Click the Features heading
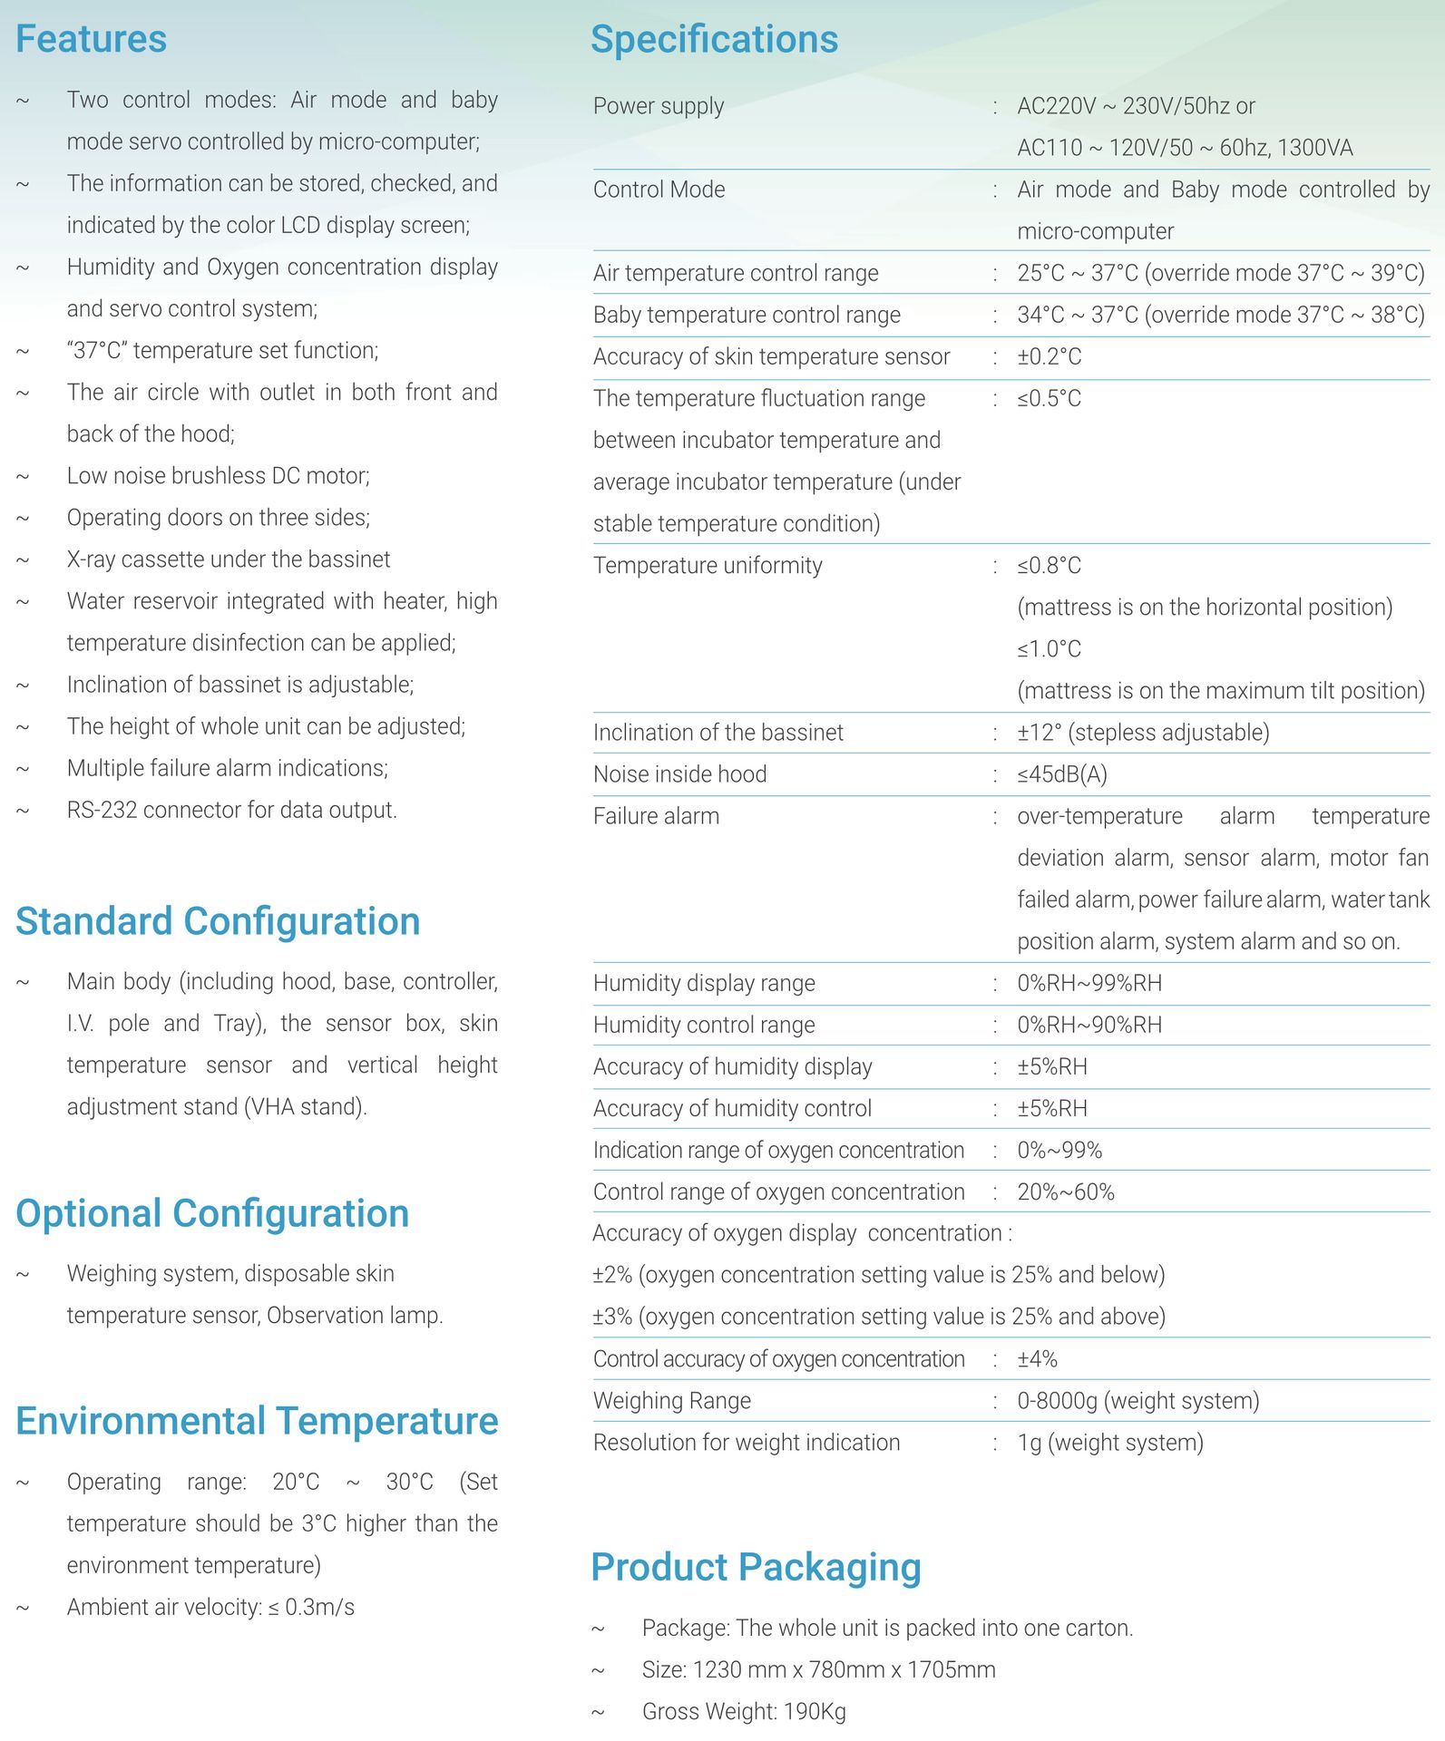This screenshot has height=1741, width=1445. pyautogui.click(x=91, y=39)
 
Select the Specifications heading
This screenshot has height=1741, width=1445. pyautogui.click(x=714, y=39)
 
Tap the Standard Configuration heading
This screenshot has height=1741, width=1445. pyautogui.click(x=218, y=921)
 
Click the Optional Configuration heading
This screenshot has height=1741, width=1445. pyautogui.click(x=212, y=1213)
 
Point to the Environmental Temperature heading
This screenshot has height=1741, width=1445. pyautogui.click(x=257, y=1421)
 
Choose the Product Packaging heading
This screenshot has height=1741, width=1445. pyautogui.click(x=756, y=1567)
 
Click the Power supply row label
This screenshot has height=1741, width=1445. pyautogui.click(x=659, y=106)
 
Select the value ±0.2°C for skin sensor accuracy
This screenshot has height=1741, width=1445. pyautogui.click(x=1049, y=356)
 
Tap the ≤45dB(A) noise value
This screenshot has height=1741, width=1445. pyautogui.click(x=1061, y=774)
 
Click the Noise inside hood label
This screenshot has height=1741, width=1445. pyautogui.click(x=679, y=774)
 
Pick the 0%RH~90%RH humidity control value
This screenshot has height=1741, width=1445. pyautogui.click(x=1089, y=1025)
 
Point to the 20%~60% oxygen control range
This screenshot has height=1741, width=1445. pyautogui.click(x=1065, y=1191)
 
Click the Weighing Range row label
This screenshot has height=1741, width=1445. pyautogui.click(x=671, y=1401)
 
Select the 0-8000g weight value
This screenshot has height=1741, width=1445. pyautogui.click(x=1137, y=1401)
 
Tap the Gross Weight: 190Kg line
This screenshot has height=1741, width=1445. pyautogui.click(x=744, y=1712)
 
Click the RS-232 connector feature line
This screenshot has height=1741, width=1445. pyautogui.click(x=231, y=810)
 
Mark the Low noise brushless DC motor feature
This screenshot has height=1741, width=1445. pyautogui.click(x=218, y=476)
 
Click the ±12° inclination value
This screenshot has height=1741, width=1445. pyautogui.click(x=1142, y=733)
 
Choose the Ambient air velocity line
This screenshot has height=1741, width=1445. pyautogui.click(x=210, y=1608)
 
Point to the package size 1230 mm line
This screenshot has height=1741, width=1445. pyautogui.click(x=818, y=1670)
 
